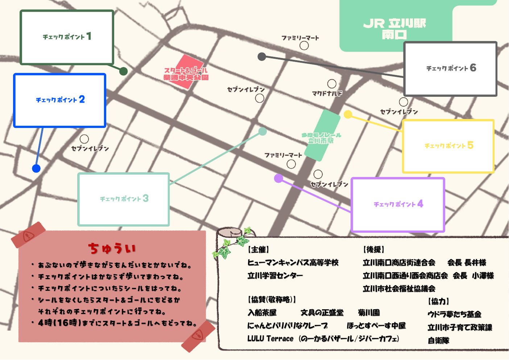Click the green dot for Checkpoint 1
(123, 71)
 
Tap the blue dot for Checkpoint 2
(36, 168)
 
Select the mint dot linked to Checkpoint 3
(262, 132)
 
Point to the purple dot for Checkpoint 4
(278, 178)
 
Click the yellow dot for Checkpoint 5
(348, 115)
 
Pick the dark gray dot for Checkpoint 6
(262, 57)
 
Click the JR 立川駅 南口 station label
(394, 29)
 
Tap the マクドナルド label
(327, 94)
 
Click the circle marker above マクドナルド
(332, 84)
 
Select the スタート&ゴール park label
(186, 74)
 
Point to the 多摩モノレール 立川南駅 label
(321, 138)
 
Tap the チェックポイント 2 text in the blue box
(60, 99)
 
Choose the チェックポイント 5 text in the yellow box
(449, 145)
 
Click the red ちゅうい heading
(112, 249)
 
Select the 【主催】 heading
(258, 249)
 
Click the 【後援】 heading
(373, 249)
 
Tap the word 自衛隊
(438, 340)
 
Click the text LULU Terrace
(270, 339)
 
